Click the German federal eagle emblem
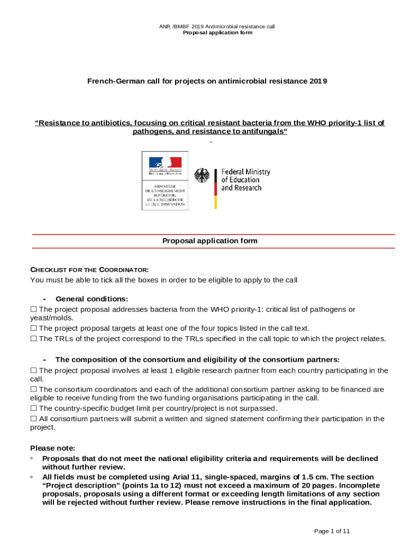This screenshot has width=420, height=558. (x=203, y=176)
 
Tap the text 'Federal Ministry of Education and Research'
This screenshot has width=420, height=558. (x=245, y=180)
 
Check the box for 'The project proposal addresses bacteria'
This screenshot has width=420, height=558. (x=33, y=310)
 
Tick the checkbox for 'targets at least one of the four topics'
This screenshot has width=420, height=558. (x=33, y=328)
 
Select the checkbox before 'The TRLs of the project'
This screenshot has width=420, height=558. (x=33, y=338)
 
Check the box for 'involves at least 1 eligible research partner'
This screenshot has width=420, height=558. (x=33, y=371)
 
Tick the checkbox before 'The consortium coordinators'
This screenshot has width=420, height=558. (x=33, y=389)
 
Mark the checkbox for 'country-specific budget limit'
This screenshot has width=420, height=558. (x=33, y=408)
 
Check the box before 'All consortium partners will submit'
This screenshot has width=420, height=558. (x=33, y=418)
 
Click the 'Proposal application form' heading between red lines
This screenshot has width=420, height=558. (x=210, y=241)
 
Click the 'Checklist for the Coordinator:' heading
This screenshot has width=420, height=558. (x=89, y=270)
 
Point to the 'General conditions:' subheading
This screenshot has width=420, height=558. (x=92, y=299)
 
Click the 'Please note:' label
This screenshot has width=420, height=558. (x=53, y=448)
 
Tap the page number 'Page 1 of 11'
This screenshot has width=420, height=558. (x=332, y=531)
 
